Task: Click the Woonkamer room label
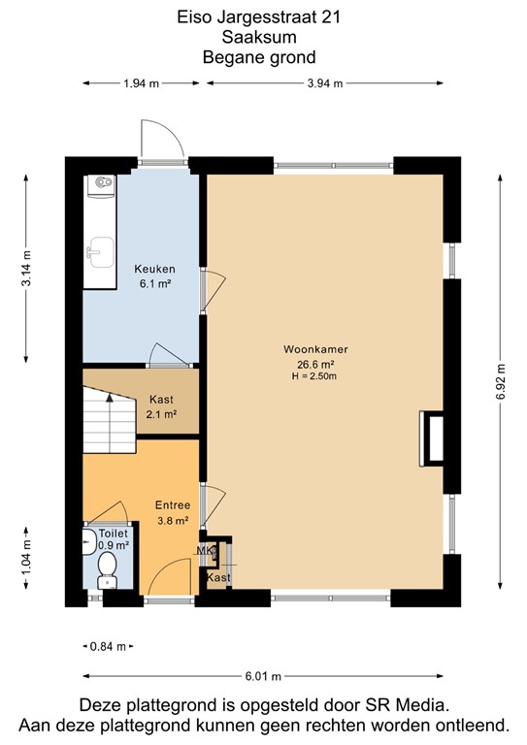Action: point(316,349)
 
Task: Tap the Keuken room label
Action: point(154,269)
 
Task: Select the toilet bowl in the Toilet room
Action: point(108,567)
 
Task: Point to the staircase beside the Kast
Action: point(108,412)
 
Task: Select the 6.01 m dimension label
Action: point(263,676)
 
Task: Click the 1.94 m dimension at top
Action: point(142,83)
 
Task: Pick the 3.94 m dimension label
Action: point(325,83)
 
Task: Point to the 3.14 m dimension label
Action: point(27,268)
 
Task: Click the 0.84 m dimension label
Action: point(108,646)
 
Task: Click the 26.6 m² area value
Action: point(316,364)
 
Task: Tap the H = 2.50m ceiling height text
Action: point(316,376)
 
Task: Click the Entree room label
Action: point(173,504)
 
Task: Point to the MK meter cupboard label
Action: point(205,552)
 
